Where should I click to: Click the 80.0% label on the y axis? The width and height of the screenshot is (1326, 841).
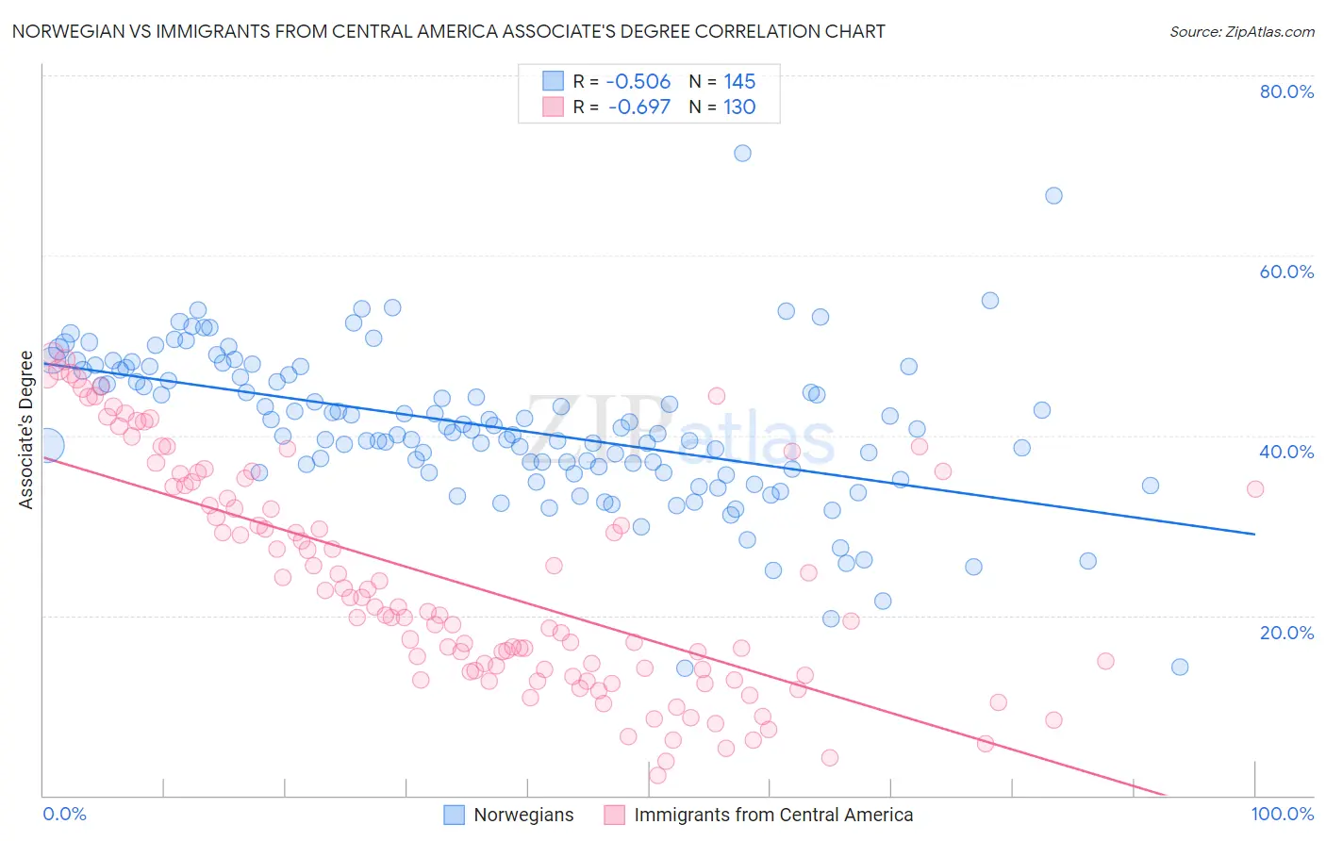pyautogui.click(x=1286, y=91)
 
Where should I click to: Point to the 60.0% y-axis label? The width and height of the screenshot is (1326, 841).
pyautogui.click(x=1286, y=272)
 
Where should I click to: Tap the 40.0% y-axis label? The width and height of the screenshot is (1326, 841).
pyautogui.click(x=1286, y=452)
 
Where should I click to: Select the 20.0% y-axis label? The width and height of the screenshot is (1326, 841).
pyautogui.click(x=1286, y=632)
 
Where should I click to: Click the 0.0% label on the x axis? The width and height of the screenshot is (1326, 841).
pyautogui.click(x=64, y=814)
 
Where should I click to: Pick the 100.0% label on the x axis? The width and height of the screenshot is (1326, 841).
pyautogui.click(x=1282, y=814)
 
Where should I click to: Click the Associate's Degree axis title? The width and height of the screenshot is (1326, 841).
pyautogui.click(x=26, y=430)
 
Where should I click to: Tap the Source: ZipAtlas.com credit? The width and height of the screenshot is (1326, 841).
pyautogui.click(x=1241, y=31)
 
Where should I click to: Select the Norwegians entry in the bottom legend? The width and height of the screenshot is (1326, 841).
pyautogui.click(x=523, y=815)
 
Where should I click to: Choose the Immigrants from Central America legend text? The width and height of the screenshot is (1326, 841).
pyautogui.click(x=773, y=815)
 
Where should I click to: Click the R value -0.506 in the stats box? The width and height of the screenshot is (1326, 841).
pyautogui.click(x=638, y=81)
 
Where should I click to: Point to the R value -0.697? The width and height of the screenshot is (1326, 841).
pyautogui.click(x=638, y=107)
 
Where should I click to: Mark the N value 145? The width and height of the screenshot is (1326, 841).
pyautogui.click(x=739, y=81)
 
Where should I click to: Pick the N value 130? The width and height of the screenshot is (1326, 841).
pyautogui.click(x=739, y=107)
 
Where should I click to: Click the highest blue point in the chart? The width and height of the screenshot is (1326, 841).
pyautogui.click(x=742, y=153)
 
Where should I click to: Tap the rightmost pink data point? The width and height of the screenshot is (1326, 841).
pyautogui.click(x=1255, y=488)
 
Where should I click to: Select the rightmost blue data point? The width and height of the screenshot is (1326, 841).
pyautogui.click(x=1180, y=667)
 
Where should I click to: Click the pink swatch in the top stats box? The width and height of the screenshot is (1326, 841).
pyautogui.click(x=553, y=107)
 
